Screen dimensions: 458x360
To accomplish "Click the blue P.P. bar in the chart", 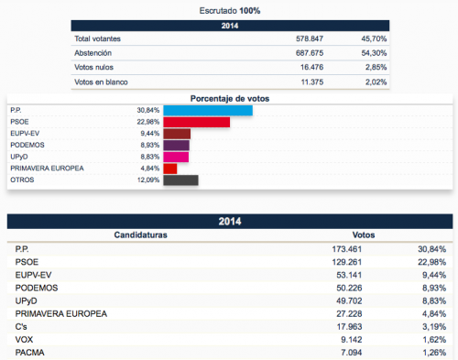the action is (x=208, y=111).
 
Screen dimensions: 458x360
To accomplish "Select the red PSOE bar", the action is (x=197, y=122).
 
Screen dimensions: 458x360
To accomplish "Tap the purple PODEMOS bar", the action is (x=176, y=146).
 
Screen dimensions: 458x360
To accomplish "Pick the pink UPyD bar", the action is (x=176, y=157).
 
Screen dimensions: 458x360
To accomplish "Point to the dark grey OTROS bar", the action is (x=180, y=180).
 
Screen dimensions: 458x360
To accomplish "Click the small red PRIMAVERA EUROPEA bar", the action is (x=170, y=169).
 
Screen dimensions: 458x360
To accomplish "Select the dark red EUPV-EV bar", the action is (x=177, y=134).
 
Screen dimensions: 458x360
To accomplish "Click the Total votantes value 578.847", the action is (x=310, y=38).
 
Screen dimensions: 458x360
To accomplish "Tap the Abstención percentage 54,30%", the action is (x=374, y=53).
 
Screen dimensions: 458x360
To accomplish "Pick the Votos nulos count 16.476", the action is (x=311, y=67).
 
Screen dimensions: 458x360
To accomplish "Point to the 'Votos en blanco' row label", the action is (x=101, y=82).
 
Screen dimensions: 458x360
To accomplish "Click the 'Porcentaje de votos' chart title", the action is (x=230, y=99).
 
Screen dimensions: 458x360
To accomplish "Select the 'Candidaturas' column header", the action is (x=141, y=235).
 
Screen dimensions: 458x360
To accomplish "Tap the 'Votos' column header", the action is (x=364, y=235).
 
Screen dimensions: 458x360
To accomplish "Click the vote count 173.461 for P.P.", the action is (x=347, y=249).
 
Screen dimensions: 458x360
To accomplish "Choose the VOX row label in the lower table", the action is (x=24, y=340).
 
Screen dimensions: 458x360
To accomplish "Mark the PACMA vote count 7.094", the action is (x=352, y=353).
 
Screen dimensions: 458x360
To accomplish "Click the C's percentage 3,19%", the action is (x=434, y=327).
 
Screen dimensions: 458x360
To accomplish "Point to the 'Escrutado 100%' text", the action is (x=230, y=11).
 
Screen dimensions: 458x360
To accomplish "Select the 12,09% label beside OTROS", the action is (x=148, y=180).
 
